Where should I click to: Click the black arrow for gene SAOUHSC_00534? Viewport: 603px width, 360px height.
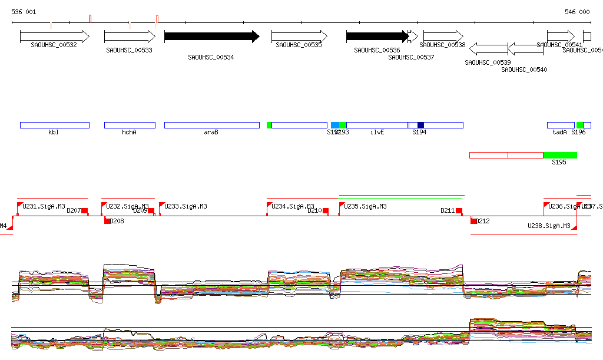point(211,37)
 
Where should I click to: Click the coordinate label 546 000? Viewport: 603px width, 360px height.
point(577,12)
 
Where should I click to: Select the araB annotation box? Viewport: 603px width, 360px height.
point(211,125)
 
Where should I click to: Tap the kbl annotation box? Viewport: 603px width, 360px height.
point(54,125)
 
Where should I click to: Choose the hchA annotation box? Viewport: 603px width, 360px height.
point(130,125)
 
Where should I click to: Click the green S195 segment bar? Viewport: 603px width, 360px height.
point(560,155)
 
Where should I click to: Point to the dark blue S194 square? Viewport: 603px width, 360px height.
point(420,125)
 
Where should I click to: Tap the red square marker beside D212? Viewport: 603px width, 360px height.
point(473,221)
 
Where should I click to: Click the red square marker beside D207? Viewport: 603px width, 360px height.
point(84,210)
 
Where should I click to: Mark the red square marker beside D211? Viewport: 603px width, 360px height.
point(459,210)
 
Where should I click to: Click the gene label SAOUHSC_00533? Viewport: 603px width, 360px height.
point(130,51)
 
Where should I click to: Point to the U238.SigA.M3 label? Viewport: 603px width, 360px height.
point(549,226)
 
